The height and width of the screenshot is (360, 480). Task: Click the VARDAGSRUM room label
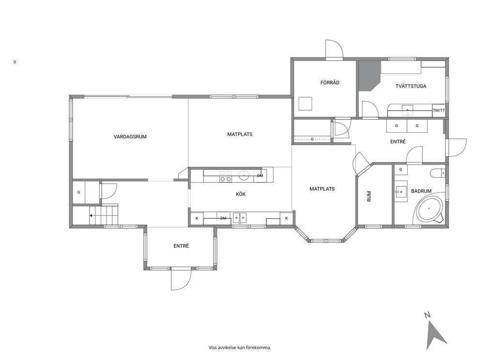pyautogui.click(x=130, y=137)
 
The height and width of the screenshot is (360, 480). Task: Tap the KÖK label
pyautogui.click(x=240, y=194)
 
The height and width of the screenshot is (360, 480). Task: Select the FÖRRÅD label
pyautogui.click(x=330, y=82)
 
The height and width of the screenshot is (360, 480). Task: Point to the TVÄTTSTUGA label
pyautogui.click(x=411, y=86)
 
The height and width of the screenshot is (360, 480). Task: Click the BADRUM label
pyautogui.click(x=421, y=191)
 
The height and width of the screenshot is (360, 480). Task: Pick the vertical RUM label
pyautogui.click(x=369, y=196)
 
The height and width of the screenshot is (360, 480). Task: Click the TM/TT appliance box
pyautogui.click(x=439, y=110)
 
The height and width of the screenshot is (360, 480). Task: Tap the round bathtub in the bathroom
pyautogui.click(x=429, y=209)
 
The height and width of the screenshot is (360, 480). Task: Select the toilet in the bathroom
pyautogui.click(x=437, y=173)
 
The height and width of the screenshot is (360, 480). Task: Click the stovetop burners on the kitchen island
pyautogui.click(x=225, y=176)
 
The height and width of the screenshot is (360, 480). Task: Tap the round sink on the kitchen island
pyautogui.click(x=244, y=176)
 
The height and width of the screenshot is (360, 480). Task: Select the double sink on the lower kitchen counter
pyautogui.click(x=240, y=218)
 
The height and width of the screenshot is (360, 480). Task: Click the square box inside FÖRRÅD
pyautogui.click(x=305, y=104)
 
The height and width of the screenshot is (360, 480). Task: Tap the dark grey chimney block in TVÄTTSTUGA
pyautogui.click(x=370, y=75)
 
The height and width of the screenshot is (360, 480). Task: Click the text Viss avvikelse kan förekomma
pyautogui.click(x=240, y=347)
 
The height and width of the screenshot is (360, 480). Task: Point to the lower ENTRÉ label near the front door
pyautogui.click(x=181, y=246)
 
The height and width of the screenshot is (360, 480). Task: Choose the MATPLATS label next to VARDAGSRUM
pyautogui.click(x=240, y=134)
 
